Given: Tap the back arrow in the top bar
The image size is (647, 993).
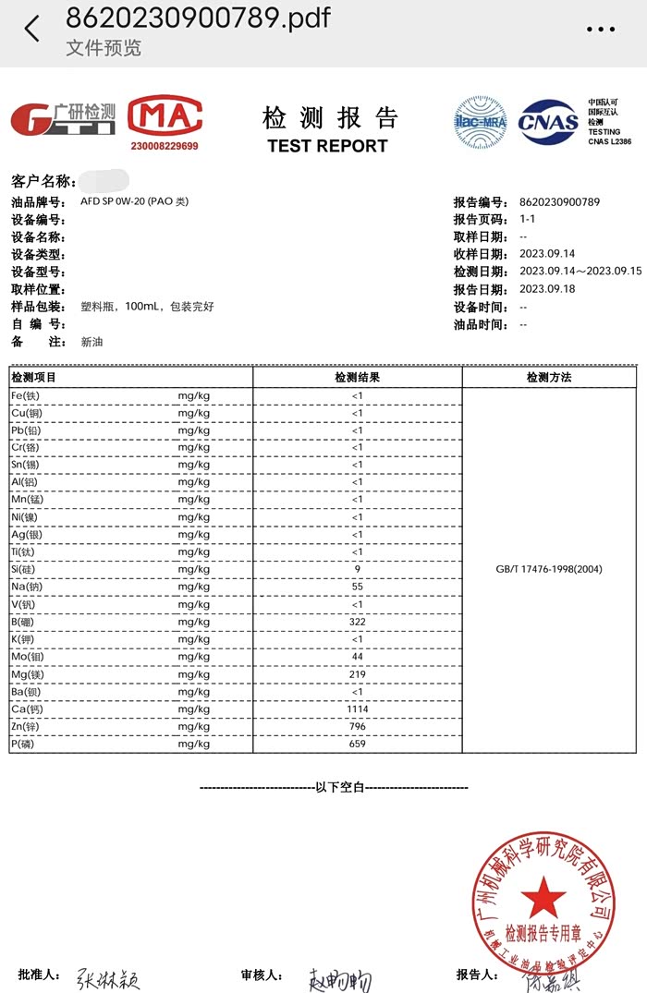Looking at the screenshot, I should coord(32,29).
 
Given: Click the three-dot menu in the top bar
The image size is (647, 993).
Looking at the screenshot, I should coord(601,29).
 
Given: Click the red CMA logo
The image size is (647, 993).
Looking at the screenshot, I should coord(165,116).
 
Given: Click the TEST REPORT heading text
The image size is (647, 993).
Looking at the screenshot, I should coord(327,146).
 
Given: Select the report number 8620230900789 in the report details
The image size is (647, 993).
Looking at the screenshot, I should coord(560,202).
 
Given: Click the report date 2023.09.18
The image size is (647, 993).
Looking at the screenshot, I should coord(547,289).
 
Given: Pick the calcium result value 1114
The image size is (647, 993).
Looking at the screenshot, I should coord(357,709).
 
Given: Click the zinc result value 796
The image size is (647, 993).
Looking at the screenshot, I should coord(357,727).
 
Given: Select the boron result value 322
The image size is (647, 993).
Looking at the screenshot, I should coord(357,622).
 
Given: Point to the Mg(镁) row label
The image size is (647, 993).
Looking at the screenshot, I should coord(26,674).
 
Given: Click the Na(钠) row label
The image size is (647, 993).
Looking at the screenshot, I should coord(26,587).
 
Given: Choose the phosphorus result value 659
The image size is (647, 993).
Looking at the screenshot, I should coord(357,745).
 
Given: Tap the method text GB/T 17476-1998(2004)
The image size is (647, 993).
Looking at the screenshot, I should coord(549,569).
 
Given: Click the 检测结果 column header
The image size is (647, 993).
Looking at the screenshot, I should coord(357,378).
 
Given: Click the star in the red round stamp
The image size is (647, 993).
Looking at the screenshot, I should coord(543,895).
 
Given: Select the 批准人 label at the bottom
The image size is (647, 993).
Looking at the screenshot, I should coord(39,975).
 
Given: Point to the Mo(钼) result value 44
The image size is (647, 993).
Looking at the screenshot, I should coord(357,657).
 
